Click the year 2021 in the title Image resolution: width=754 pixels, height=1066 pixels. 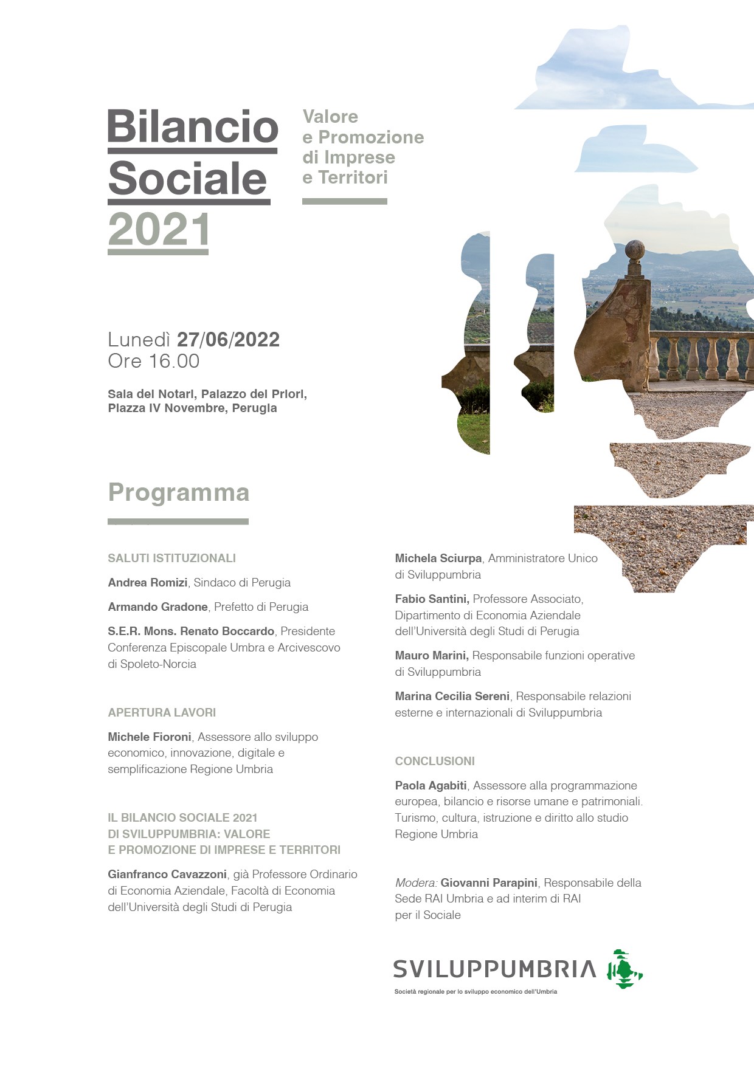[159, 230]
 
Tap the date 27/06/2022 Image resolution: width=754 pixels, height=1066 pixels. [228, 340]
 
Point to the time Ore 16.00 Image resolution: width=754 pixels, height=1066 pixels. [153, 361]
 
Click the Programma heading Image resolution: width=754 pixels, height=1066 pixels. [178, 493]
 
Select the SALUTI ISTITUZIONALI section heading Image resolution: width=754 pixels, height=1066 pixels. [171, 558]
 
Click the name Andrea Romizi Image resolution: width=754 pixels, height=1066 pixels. [148, 583]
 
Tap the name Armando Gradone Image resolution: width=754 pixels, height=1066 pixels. [157, 607]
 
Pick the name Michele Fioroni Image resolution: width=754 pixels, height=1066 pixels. [150, 737]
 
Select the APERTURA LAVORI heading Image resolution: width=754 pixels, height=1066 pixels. [162, 712]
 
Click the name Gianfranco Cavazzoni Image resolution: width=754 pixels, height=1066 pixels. [167, 875]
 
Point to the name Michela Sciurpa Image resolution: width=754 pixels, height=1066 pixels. [438, 559]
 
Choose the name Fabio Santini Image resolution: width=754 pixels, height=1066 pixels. [431, 599]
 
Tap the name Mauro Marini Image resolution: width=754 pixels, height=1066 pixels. [431, 656]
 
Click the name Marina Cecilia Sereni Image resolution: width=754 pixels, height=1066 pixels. [452, 696]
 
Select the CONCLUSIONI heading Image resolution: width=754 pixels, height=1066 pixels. [435, 761]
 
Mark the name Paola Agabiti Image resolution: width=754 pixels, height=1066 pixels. [431, 786]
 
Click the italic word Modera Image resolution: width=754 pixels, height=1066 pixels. [415, 883]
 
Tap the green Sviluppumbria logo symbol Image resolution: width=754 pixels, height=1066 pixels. [624, 969]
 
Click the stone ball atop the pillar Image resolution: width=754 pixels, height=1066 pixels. [635, 249]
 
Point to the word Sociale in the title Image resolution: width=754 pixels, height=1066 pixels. [188, 179]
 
